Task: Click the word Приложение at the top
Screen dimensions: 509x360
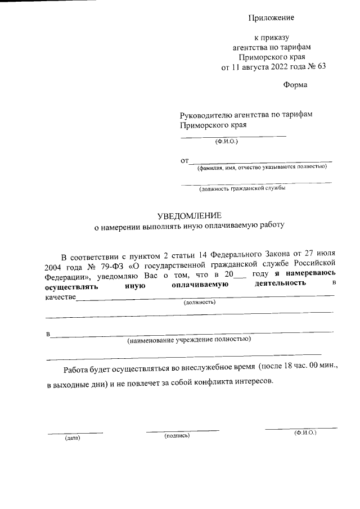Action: [x=271, y=18]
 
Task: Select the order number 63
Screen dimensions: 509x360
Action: [x=321, y=66]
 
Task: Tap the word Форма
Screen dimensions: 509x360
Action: [x=295, y=85]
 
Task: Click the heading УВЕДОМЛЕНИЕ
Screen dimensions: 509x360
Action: [x=190, y=216]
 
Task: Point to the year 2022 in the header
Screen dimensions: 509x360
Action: [x=269, y=66]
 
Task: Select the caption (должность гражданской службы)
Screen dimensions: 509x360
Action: [x=242, y=188]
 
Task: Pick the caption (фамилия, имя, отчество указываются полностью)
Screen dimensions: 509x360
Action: [x=261, y=166]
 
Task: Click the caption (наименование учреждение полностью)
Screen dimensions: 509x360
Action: [x=188, y=340]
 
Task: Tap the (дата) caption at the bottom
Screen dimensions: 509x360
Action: [x=73, y=438]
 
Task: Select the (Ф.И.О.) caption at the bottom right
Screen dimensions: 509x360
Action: [x=305, y=433]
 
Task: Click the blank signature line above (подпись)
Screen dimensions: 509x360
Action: [x=182, y=431]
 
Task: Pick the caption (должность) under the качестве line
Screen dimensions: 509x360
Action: [x=200, y=302]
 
